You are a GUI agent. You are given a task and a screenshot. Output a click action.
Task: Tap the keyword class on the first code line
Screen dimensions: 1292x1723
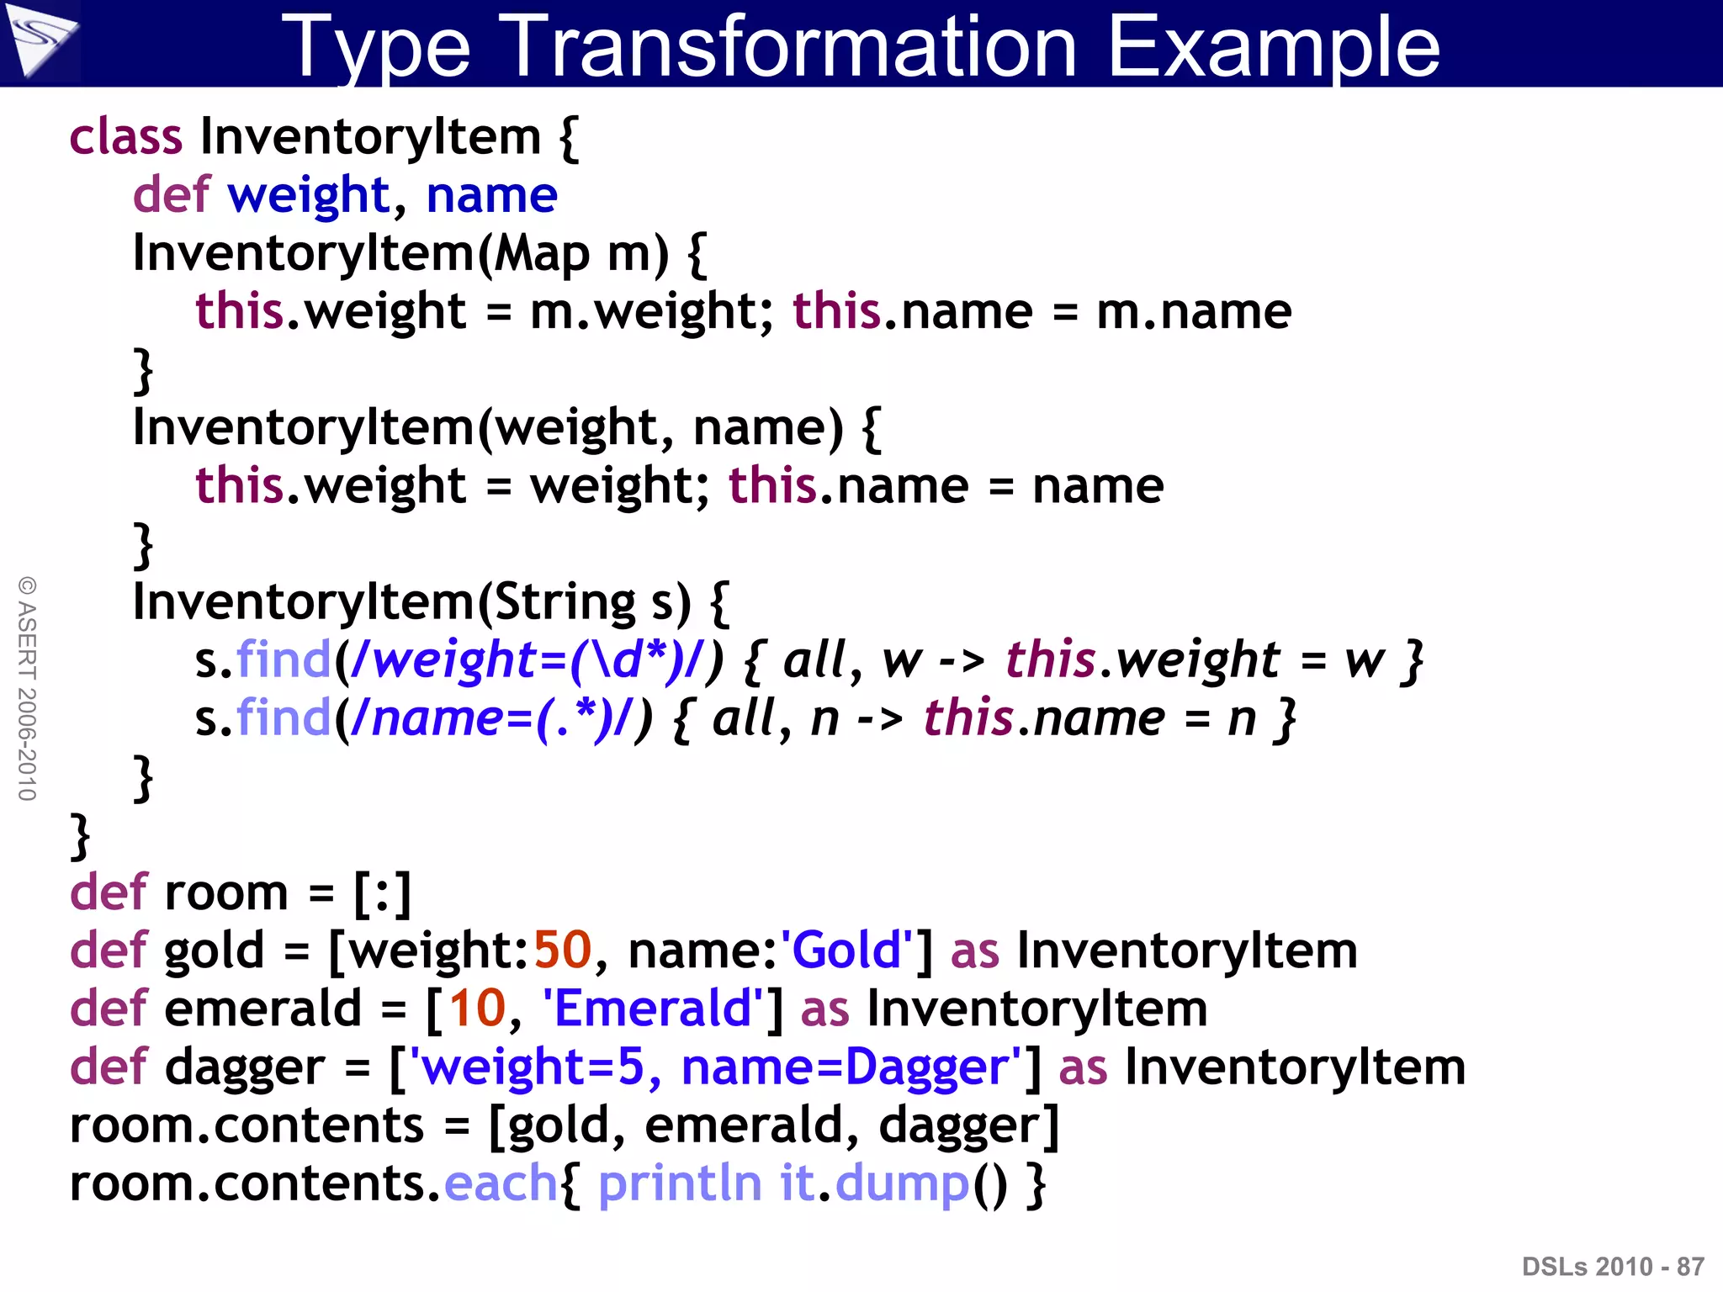tap(125, 136)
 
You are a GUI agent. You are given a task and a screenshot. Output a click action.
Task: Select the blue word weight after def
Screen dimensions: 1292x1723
tap(309, 196)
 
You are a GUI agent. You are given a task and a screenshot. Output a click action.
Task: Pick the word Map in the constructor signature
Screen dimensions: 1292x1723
tap(542, 254)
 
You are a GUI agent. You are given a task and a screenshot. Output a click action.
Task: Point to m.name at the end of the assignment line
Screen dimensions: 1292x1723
tap(1194, 312)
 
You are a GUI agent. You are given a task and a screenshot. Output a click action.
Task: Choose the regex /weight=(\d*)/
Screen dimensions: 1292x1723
tap(527, 660)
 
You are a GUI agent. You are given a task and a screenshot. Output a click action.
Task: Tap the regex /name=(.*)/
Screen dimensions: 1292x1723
tap(491, 718)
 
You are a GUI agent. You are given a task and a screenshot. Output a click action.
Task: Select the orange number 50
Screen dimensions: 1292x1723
tap(563, 950)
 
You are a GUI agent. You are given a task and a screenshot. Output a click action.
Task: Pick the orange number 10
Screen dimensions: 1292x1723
tap(477, 1009)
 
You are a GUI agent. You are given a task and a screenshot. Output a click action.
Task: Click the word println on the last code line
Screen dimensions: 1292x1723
tap(680, 1183)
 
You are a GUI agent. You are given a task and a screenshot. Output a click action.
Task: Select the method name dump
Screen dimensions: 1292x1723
tap(902, 1183)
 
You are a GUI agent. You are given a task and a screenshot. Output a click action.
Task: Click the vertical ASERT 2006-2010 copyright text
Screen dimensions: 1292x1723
tap(27, 688)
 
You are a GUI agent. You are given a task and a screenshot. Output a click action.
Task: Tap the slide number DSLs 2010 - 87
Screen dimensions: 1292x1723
tap(1613, 1267)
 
